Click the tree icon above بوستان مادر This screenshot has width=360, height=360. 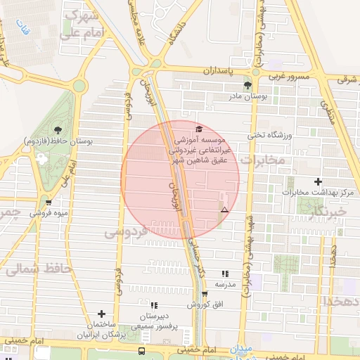click(x=247, y=85)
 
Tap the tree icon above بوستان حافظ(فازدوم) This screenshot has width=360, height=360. click(x=57, y=130)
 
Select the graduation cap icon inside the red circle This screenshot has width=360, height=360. click(x=199, y=129)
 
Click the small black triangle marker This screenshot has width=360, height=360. click(x=224, y=210)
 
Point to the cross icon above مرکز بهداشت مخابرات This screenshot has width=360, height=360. click(x=318, y=181)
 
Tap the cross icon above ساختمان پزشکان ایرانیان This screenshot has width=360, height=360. click(x=102, y=314)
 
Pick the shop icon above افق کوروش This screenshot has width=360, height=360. click(x=205, y=295)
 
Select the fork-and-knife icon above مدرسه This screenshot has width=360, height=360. click(x=225, y=274)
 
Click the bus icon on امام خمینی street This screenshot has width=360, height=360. click(x=142, y=351)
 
